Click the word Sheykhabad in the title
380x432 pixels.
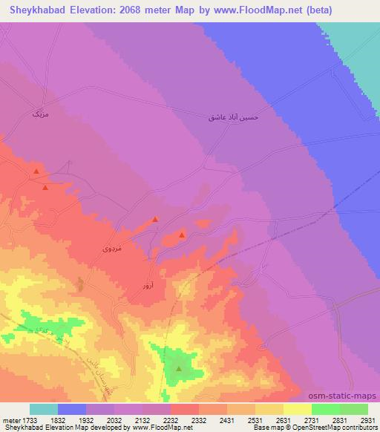point(38,10)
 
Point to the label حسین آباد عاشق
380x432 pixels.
point(231,117)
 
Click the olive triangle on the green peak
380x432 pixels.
point(178,367)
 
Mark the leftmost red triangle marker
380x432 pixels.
point(35,172)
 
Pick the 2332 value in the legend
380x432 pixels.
point(199,419)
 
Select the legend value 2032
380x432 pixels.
point(114,419)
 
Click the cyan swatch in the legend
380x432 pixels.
point(43,409)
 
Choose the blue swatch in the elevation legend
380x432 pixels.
point(71,409)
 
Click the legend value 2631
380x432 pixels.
point(284,419)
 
